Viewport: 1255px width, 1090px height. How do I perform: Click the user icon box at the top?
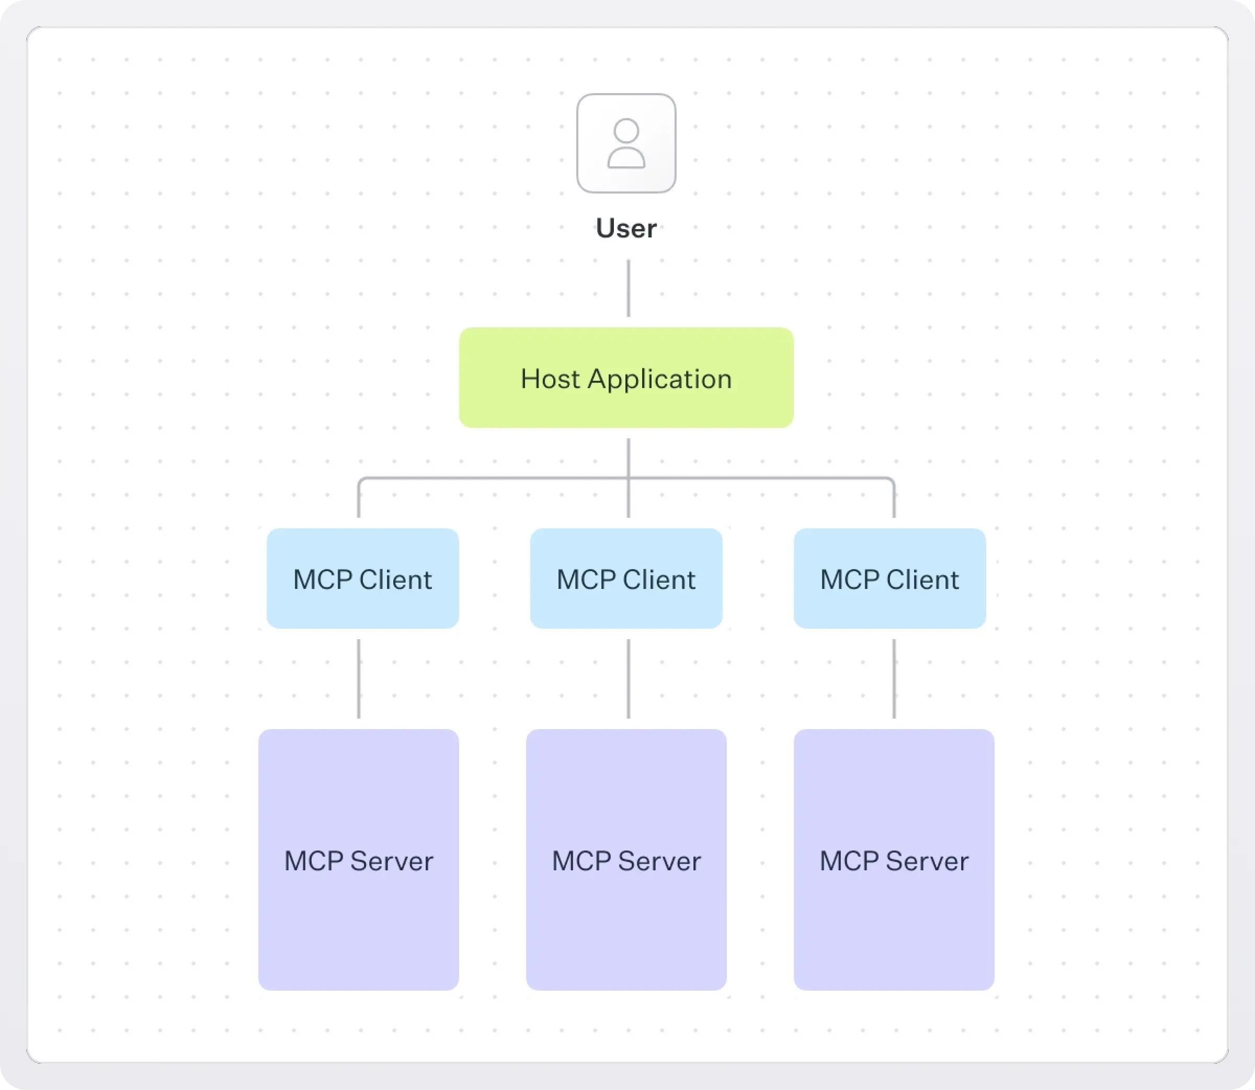[626, 143]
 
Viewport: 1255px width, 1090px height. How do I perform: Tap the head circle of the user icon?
[626, 130]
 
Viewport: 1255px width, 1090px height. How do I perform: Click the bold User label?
[626, 229]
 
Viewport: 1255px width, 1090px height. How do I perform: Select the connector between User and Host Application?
[628, 288]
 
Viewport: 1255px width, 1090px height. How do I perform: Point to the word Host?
[550, 379]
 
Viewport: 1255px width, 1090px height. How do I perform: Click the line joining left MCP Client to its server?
[358, 678]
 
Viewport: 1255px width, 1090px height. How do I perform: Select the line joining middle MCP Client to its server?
[628, 678]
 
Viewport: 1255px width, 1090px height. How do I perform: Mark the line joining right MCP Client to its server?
[893, 678]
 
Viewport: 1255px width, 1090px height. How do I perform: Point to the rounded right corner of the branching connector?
[892, 481]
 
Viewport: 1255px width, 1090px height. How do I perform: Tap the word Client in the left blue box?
[395, 580]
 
